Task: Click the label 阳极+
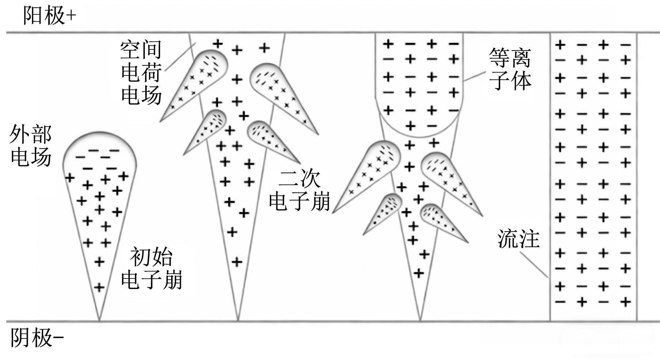[x=49, y=16]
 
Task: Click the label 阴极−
[x=37, y=338]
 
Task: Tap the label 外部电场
[x=31, y=146]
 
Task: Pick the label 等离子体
[x=510, y=70]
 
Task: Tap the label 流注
[x=518, y=239]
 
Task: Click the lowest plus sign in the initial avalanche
[x=99, y=288]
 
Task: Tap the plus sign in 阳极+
[x=71, y=16]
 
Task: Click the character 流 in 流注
[x=508, y=239]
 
